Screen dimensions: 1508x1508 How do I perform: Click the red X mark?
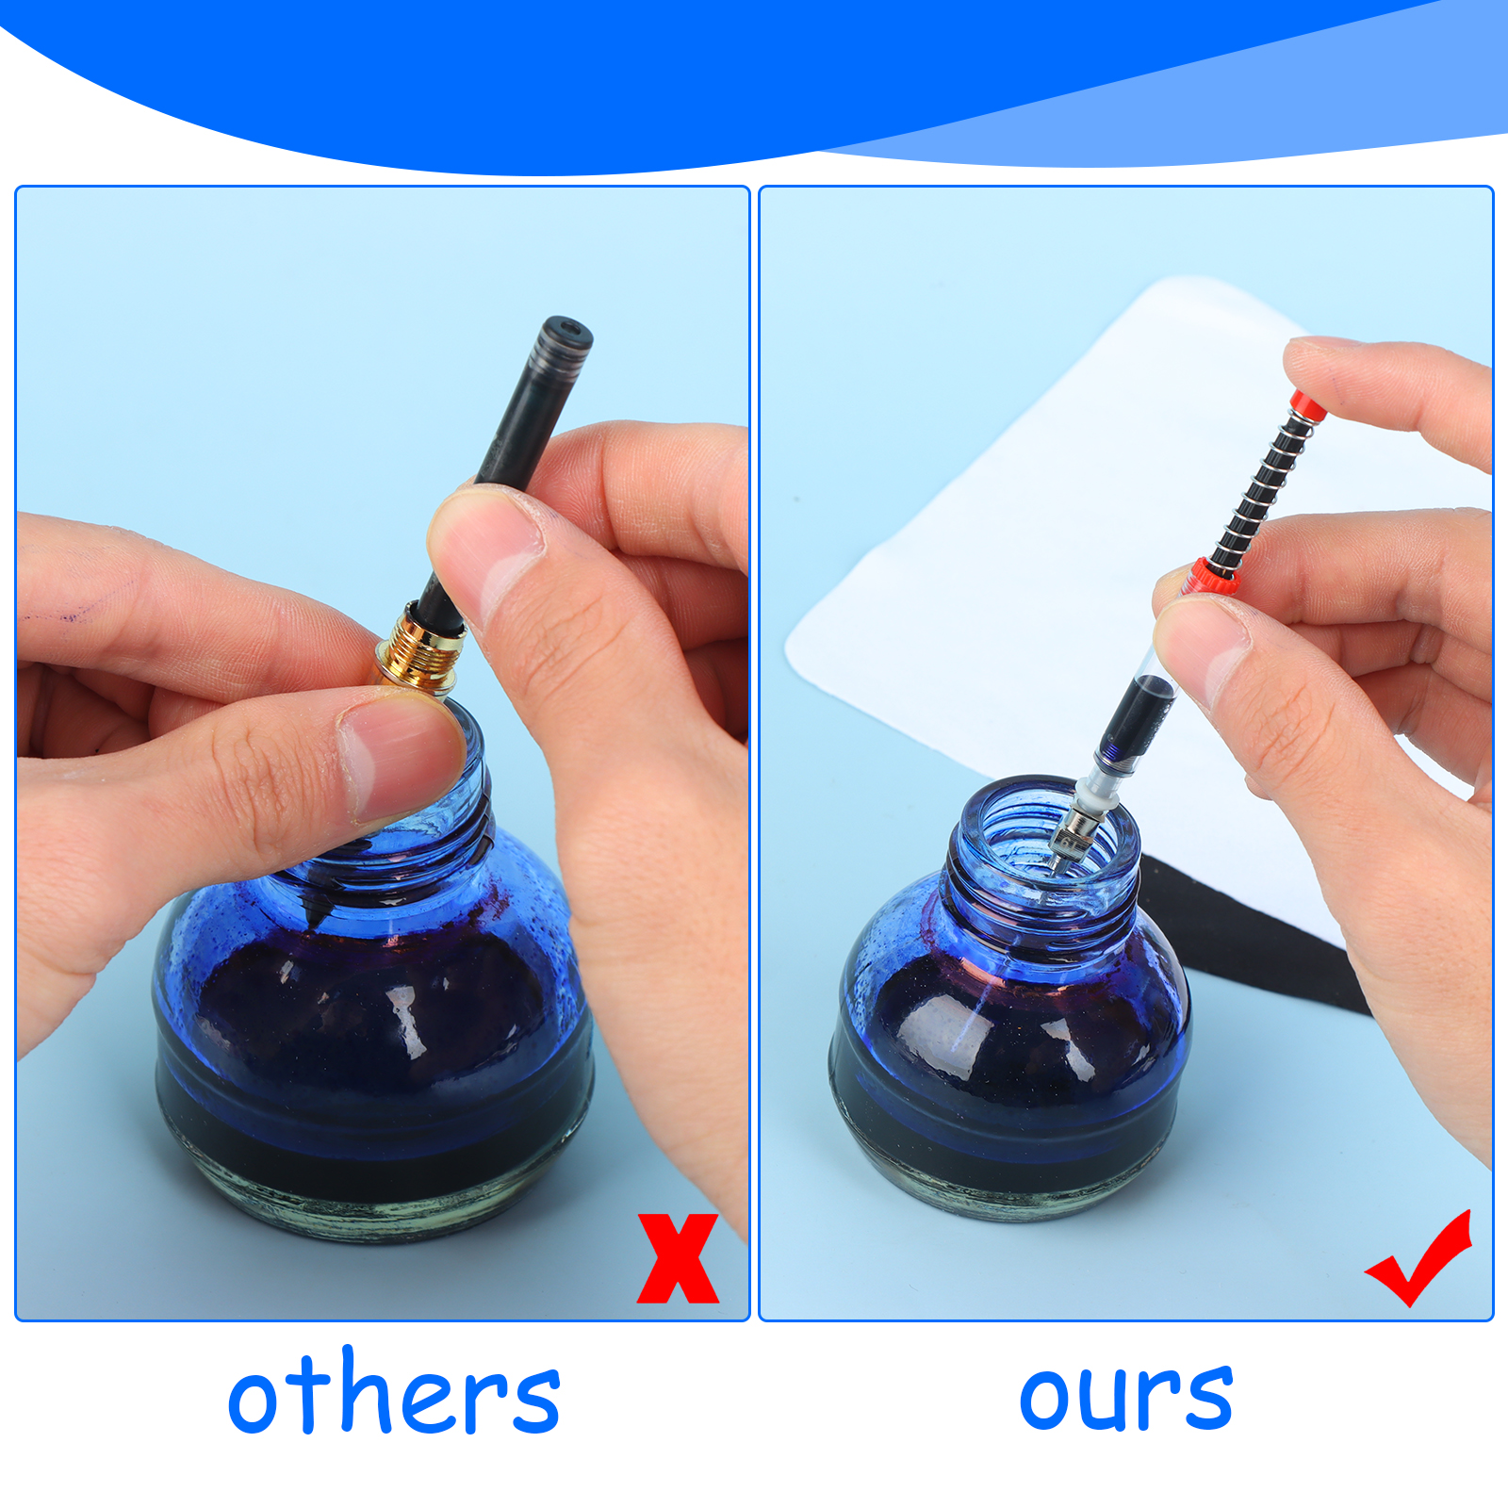click(x=678, y=1258)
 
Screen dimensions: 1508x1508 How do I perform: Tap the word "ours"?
click(x=1126, y=1396)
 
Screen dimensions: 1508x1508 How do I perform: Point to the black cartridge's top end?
click(x=563, y=336)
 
